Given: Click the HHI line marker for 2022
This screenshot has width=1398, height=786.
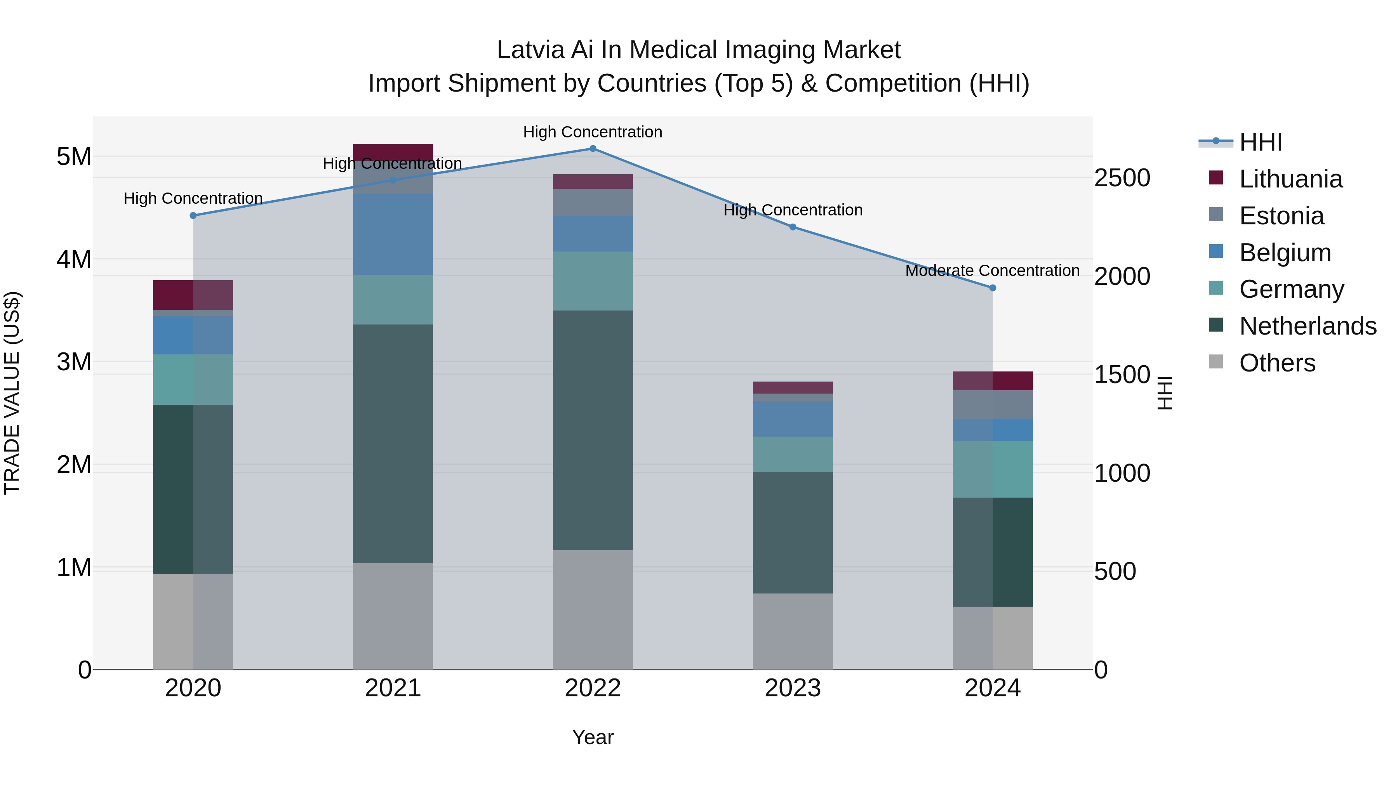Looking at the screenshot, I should (593, 149).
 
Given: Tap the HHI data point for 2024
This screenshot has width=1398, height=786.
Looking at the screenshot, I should (993, 288).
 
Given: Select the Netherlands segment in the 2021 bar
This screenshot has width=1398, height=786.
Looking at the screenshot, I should (393, 444).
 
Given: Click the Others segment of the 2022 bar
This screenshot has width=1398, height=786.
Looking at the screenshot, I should (593, 610).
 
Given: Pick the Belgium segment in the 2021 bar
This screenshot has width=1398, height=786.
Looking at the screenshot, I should (393, 234).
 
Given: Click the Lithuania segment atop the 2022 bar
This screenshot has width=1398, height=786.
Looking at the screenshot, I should (593, 182).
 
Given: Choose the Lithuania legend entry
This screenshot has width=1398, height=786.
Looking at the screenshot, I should (1290, 179).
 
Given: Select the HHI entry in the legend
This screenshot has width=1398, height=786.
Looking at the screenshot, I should (1261, 142).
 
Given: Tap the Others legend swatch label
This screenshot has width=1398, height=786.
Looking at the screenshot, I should (1277, 363).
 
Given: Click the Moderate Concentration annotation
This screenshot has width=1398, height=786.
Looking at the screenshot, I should (992, 270).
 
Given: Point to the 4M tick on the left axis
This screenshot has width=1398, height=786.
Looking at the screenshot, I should (74, 259).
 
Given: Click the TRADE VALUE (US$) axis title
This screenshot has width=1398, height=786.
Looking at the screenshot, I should (12, 393).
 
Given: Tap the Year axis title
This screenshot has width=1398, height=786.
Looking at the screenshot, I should (593, 737).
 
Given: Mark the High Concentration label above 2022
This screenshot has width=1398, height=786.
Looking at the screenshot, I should (593, 132).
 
